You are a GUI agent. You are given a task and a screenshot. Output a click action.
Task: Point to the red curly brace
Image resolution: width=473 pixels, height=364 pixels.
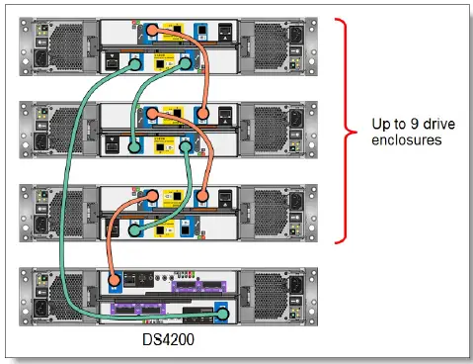tap(344, 129)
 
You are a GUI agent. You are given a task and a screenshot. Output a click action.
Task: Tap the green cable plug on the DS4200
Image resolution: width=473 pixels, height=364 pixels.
tap(223, 314)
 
